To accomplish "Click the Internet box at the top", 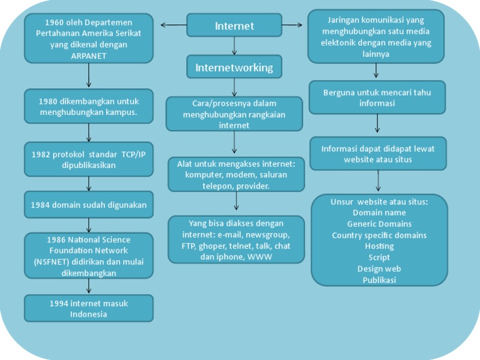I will (x=234, y=26).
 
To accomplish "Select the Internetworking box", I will (x=234, y=67).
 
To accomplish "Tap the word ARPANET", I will (x=89, y=56).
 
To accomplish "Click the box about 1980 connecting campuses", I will (x=89, y=106).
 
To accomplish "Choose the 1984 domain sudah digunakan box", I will (x=89, y=204).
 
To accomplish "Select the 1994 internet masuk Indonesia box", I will (x=89, y=308).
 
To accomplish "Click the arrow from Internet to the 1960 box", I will (x=174, y=25).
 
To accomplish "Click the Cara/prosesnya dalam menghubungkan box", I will (x=234, y=114).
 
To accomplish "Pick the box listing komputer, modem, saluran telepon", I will (x=236, y=174).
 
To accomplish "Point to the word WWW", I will (x=260, y=257).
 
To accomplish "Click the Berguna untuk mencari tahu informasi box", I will (x=377, y=97).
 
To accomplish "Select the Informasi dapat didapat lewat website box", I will (x=377, y=154).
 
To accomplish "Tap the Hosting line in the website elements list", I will (x=379, y=246).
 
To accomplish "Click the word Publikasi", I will (x=379, y=280).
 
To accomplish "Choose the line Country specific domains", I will (x=379, y=235).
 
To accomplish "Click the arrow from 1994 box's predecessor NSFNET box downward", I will (x=89, y=286).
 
